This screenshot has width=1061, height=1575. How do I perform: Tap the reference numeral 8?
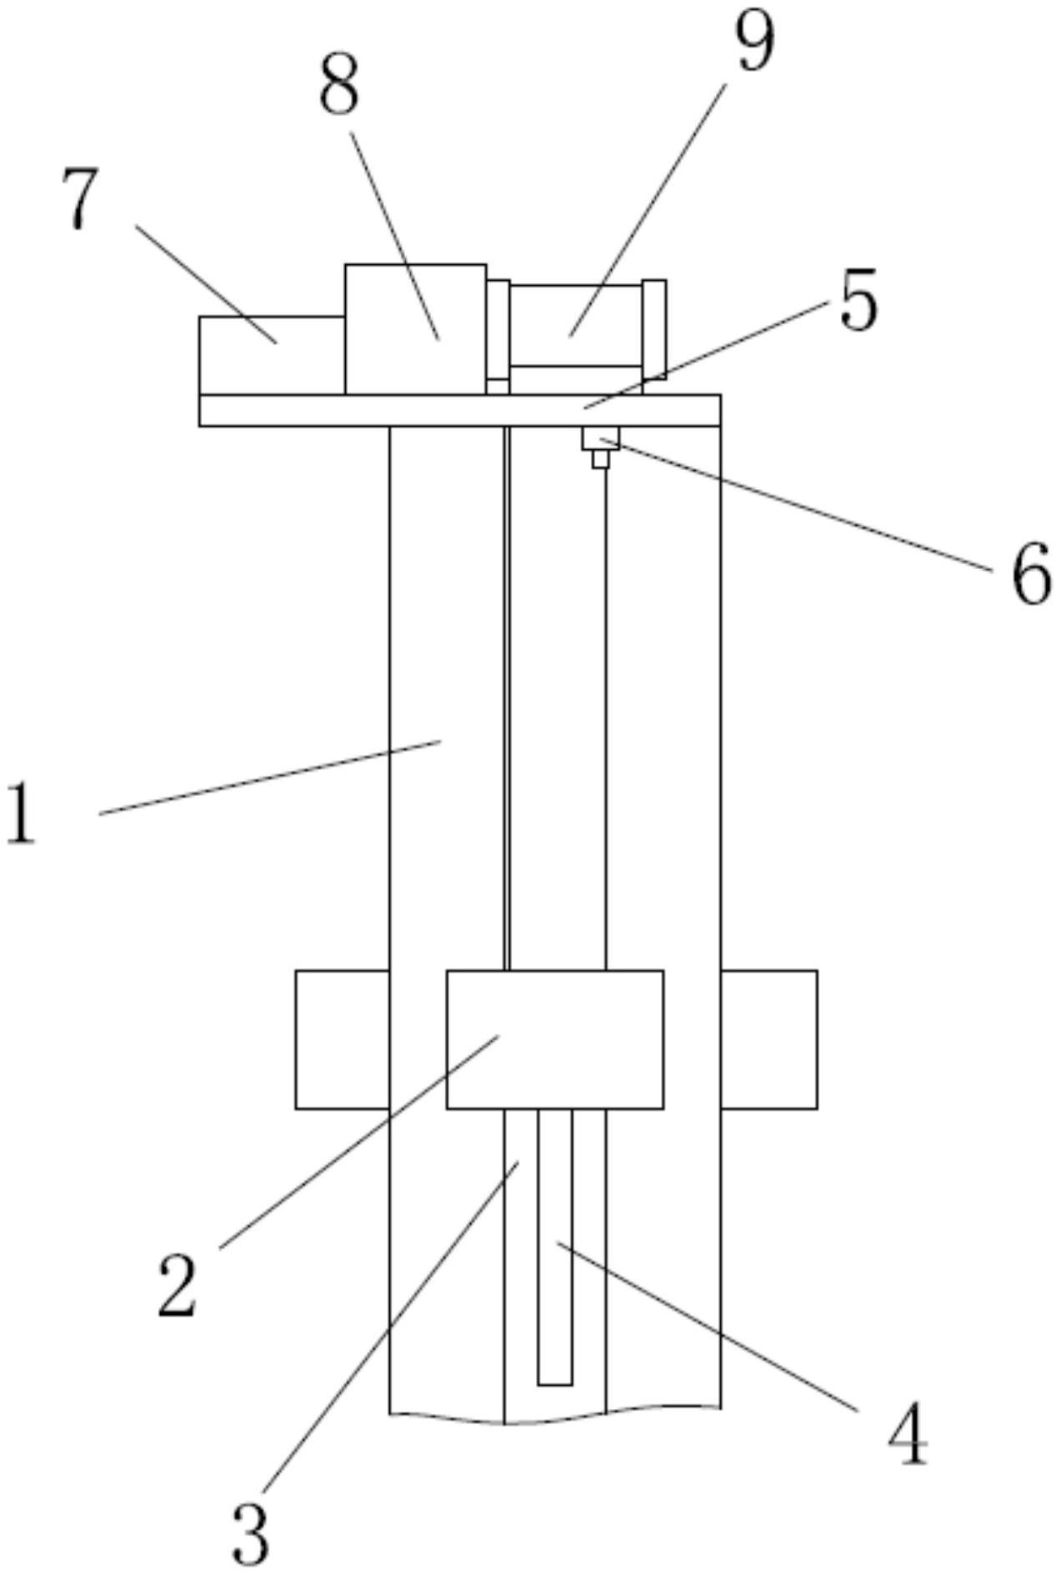tap(339, 87)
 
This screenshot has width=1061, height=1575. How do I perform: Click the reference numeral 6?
tap(1031, 573)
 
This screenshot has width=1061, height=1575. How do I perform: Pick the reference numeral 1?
tap(22, 814)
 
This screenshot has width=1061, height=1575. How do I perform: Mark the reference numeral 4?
tap(908, 1433)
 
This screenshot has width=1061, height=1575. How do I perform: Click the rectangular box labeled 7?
tap(272, 355)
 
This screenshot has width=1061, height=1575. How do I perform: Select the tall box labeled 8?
tap(416, 329)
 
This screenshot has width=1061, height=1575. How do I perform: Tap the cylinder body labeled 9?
tap(576, 325)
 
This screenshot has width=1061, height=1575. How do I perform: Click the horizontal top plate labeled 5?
tap(460, 410)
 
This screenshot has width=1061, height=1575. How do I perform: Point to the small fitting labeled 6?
tap(601, 447)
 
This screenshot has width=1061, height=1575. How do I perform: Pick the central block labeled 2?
tap(555, 1039)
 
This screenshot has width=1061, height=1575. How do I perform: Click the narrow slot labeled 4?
tap(555, 1247)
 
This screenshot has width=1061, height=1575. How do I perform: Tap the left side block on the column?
tap(343, 1039)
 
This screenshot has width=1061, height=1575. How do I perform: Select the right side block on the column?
tap(768, 1039)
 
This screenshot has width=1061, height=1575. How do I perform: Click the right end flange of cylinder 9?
tap(654, 329)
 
